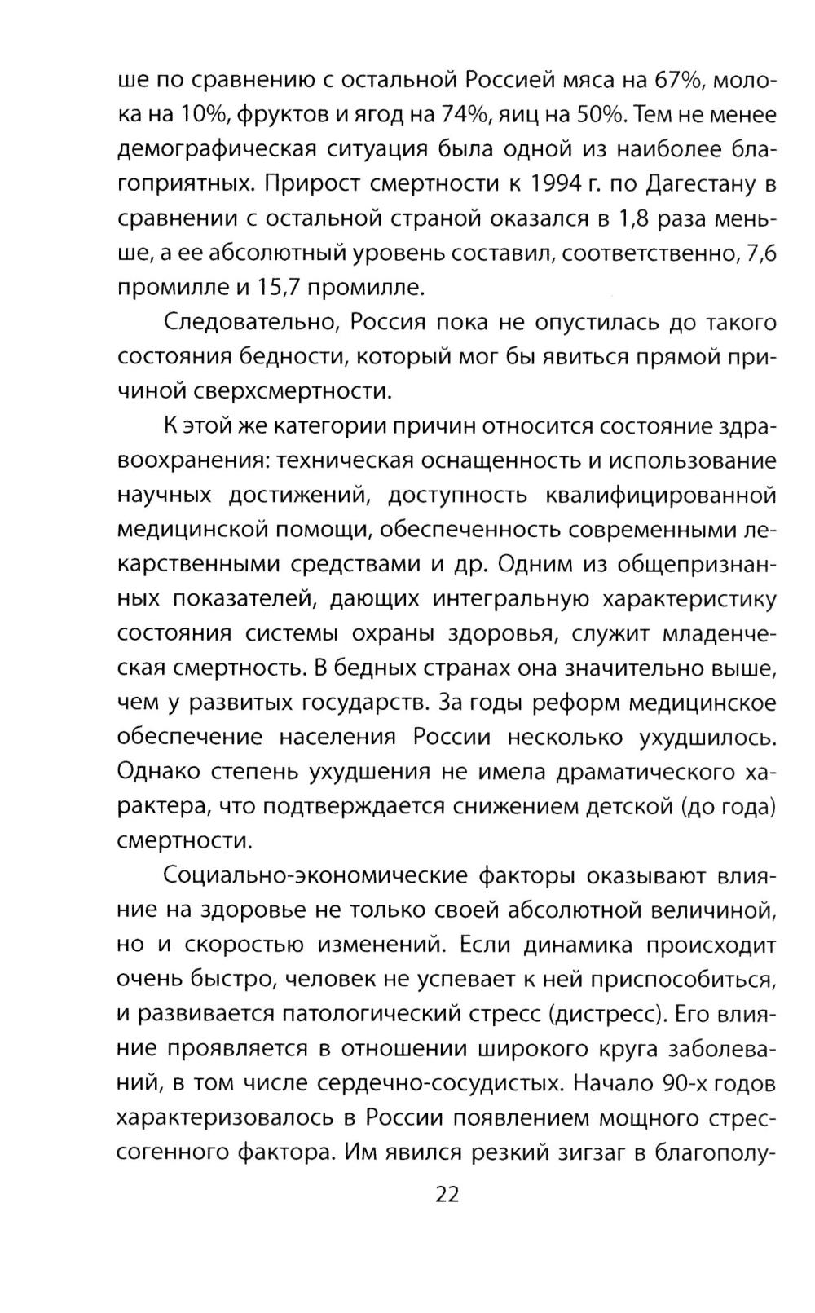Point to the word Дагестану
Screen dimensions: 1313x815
coord(698,184)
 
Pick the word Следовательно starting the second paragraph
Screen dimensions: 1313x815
coord(251,323)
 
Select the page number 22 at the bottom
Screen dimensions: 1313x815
coord(447,1195)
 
